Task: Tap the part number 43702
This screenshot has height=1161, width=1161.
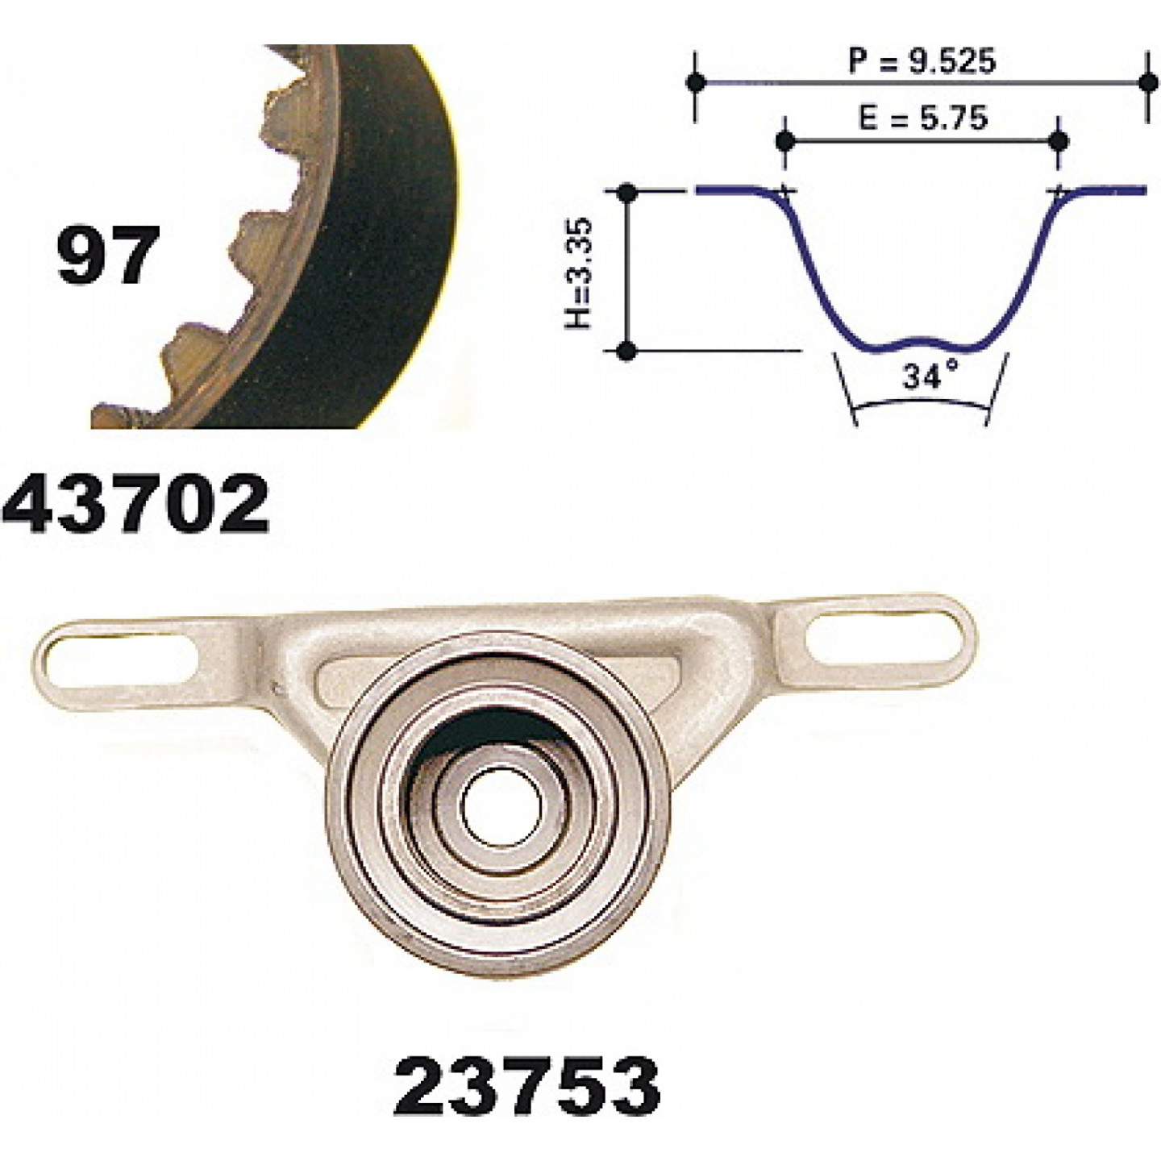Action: pyautogui.click(x=135, y=504)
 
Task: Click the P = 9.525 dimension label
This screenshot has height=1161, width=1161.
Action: pyautogui.click(x=922, y=60)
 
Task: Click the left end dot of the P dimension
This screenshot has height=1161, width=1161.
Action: pyautogui.click(x=696, y=82)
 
